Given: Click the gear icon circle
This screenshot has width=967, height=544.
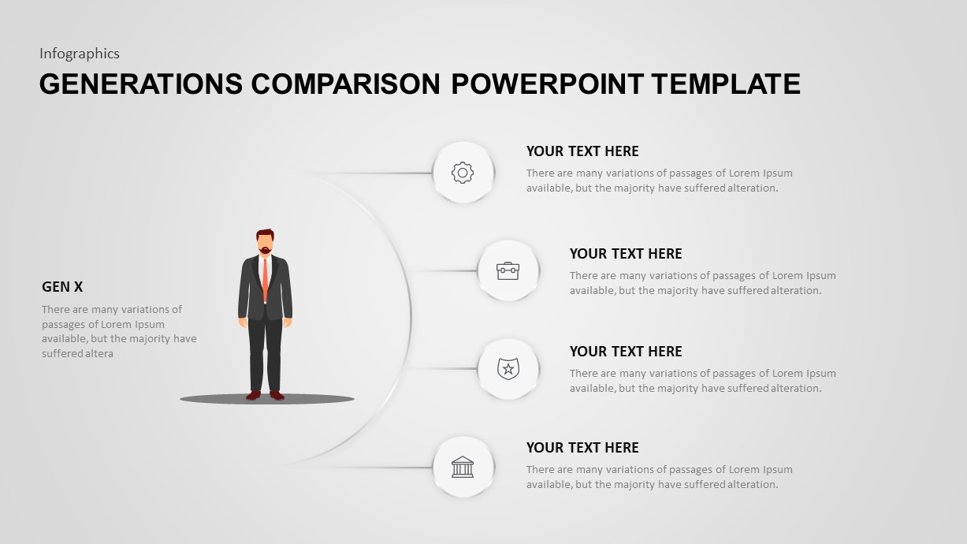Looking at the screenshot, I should (463, 173).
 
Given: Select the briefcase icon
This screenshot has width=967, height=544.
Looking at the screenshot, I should (508, 270).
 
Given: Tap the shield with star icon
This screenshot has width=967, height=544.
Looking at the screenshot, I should (508, 368).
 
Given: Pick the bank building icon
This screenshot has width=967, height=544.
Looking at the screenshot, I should (463, 467).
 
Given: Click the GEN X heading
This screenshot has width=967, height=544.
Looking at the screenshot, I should (62, 287).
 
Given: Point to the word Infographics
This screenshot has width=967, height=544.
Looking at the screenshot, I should (80, 54).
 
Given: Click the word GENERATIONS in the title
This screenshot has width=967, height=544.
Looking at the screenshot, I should (141, 84).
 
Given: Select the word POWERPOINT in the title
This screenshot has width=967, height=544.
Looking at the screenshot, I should (548, 84).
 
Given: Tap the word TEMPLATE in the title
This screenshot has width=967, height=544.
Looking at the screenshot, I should (726, 84).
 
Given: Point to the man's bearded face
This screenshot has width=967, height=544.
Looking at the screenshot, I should (266, 243).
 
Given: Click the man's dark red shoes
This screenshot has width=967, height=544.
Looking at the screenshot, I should (265, 395).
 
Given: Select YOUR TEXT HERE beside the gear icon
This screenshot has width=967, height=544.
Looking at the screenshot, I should (582, 151).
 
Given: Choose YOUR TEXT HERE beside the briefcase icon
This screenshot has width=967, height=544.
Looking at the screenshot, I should (626, 254).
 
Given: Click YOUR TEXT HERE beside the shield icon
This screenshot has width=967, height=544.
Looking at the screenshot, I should (626, 352).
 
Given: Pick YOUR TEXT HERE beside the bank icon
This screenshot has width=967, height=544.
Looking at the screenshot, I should (582, 448).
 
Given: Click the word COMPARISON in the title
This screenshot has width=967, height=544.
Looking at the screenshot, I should (347, 84).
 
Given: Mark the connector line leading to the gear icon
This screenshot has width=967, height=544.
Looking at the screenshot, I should (370, 173).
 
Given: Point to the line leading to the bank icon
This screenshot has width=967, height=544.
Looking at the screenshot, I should (370, 468).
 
